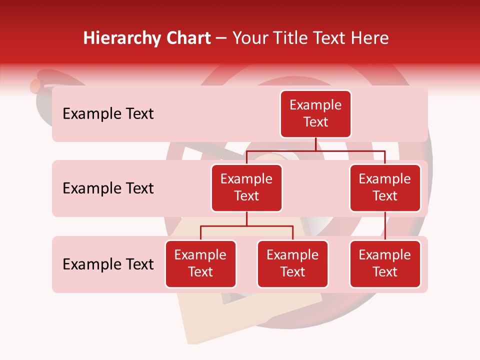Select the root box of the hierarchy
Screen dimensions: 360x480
[x=315, y=114]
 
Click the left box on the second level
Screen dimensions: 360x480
[x=246, y=187]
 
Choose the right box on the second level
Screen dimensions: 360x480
[x=385, y=187]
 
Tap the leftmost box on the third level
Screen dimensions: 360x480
[x=200, y=263]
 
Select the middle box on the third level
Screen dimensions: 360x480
[x=292, y=263]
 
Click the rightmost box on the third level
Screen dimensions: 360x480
[x=385, y=263]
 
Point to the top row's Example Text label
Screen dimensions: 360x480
[x=108, y=114]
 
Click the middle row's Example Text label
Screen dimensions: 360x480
[x=108, y=188]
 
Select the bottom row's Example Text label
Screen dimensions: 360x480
[x=108, y=264]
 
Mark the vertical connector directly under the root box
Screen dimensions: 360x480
[x=315, y=144]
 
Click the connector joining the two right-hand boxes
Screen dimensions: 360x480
[x=385, y=226]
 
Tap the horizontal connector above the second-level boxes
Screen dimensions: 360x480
[x=315, y=150]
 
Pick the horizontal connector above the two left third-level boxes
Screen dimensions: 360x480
[x=246, y=226]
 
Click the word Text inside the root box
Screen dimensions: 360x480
[x=315, y=122]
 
